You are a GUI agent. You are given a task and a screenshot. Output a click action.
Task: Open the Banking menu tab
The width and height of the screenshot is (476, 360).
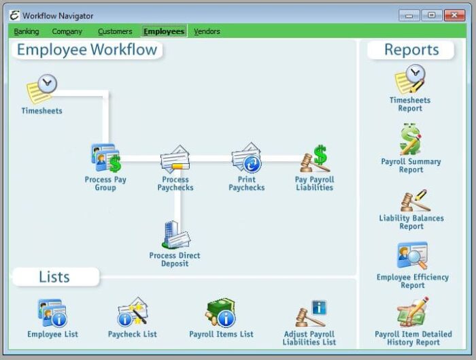pos(27,31)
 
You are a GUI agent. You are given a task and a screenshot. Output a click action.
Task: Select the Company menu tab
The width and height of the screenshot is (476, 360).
pos(67,31)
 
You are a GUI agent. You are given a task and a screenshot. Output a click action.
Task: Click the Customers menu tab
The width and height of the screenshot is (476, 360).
pos(115,31)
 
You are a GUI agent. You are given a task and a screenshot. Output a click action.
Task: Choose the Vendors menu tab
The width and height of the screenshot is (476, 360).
pos(207,31)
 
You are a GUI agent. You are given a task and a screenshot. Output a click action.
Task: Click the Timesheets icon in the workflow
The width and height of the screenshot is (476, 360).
pos(41,90)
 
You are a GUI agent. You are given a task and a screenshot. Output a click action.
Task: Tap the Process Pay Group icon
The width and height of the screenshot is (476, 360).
pos(105,159)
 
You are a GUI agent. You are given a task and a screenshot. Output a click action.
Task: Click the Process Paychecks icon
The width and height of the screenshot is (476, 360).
pos(175,160)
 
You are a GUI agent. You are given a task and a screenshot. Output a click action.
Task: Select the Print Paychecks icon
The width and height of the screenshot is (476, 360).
pos(246,159)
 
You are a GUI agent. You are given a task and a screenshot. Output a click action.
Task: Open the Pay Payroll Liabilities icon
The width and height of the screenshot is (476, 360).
pos(315,159)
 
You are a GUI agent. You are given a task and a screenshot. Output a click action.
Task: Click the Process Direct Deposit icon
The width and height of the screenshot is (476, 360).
pos(175,235)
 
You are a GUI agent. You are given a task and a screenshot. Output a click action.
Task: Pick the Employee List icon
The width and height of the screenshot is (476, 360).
pos(52,314)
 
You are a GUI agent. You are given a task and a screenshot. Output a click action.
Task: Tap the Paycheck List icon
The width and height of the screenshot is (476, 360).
pos(133,312)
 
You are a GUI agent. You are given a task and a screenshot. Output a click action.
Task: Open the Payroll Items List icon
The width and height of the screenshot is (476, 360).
pos(220,313)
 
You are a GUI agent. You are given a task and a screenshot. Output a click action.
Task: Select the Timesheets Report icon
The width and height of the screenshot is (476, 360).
pos(410,80)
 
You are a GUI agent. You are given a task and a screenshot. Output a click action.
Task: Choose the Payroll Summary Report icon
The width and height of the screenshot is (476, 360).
pos(411,140)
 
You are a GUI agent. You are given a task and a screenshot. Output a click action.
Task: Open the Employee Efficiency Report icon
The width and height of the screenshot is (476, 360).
pos(412,257)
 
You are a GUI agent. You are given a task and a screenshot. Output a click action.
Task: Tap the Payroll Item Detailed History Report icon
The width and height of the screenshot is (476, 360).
pos(412,314)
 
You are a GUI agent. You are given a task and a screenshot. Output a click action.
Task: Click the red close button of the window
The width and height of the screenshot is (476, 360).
pos(452,15)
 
